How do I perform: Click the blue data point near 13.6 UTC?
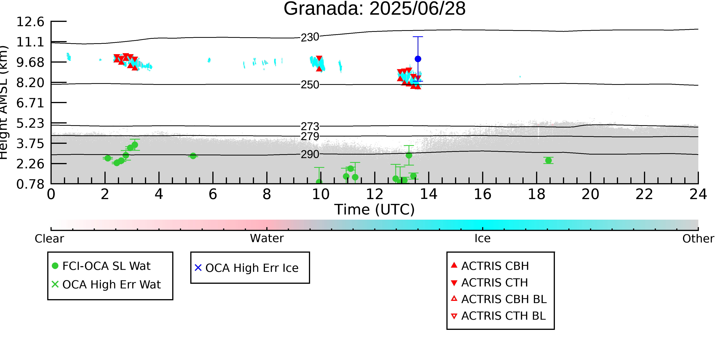tap(418, 59)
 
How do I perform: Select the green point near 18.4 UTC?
tap(548, 161)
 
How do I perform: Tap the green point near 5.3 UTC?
tap(193, 156)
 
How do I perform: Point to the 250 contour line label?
tap(310, 85)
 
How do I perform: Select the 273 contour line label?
tap(310, 127)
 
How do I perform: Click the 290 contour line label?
tap(310, 154)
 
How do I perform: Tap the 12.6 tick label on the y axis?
tap(30, 22)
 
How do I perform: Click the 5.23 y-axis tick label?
tap(30, 123)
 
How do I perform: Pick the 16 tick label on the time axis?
tap(482, 194)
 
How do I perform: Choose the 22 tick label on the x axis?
tap(644, 194)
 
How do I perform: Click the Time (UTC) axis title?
tap(375, 210)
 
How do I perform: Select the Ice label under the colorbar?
tap(482, 238)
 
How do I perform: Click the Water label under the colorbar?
tap(267, 238)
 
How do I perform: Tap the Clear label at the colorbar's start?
tap(49, 239)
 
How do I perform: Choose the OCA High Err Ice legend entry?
tap(247, 268)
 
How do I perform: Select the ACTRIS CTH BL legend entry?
tap(498, 316)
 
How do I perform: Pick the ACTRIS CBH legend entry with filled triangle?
tap(490, 266)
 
